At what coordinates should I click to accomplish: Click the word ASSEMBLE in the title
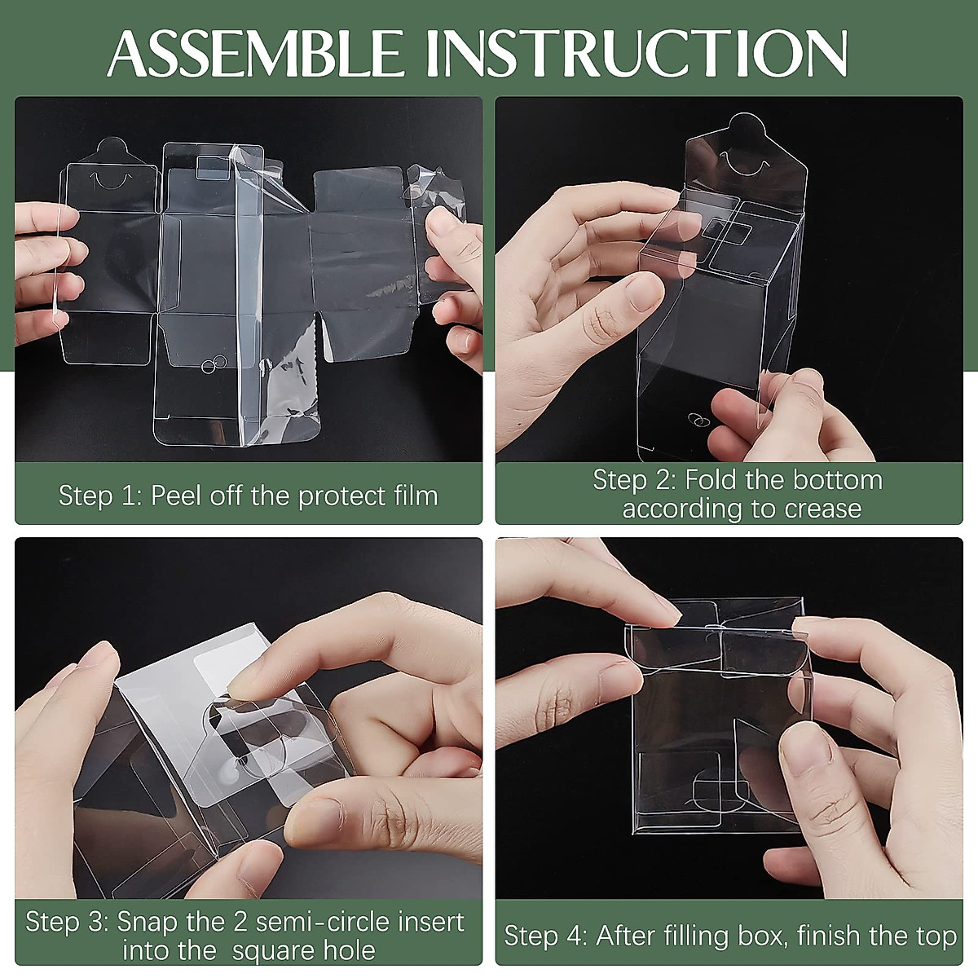pyautogui.click(x=255, y=55)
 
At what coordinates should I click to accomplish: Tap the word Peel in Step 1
pyautogui.click(x=175, y=496)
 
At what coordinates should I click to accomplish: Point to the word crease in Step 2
pyautogui.click(x=822, y=509)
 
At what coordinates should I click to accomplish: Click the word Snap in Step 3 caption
pyautogui.click(x=147, y=921)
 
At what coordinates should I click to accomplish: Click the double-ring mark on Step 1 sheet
pyautogui.click(x=214, y=363)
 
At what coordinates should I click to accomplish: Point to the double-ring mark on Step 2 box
pyautogui.click(x=698, y=419)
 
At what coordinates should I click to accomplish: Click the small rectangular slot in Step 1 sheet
pyautogui.click(x=213, y=168)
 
